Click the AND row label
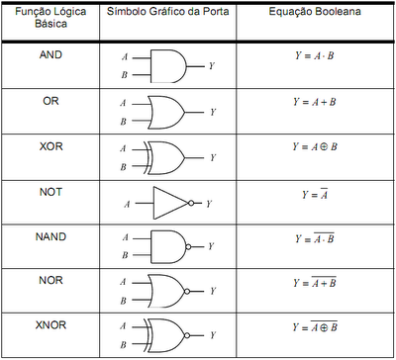point(49,56)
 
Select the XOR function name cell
point(49,145)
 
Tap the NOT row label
point(49,191)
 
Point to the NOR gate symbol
point(168,292)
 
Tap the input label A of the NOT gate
point(127,205)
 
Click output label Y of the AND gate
point(212,66)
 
